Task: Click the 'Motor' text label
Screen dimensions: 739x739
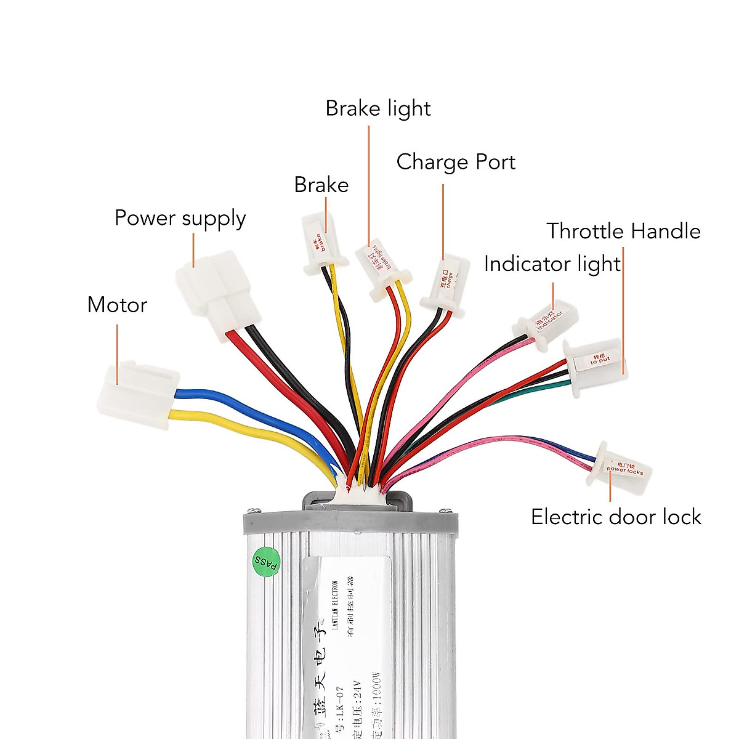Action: (117, 305)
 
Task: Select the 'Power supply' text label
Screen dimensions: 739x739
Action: (180, 219)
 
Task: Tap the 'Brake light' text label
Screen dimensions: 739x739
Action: (378, 109)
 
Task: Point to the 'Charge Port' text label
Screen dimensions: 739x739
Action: (456, 162)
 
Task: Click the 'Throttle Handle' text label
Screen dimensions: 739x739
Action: (623, 231)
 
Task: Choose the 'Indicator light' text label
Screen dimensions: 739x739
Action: (552, 264)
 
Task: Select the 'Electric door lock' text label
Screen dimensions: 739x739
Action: (616, 517)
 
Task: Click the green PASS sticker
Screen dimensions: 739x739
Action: (266, 562)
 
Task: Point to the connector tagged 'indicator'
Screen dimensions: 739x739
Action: (547, 323)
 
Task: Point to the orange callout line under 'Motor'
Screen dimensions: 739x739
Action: (117, 345)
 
